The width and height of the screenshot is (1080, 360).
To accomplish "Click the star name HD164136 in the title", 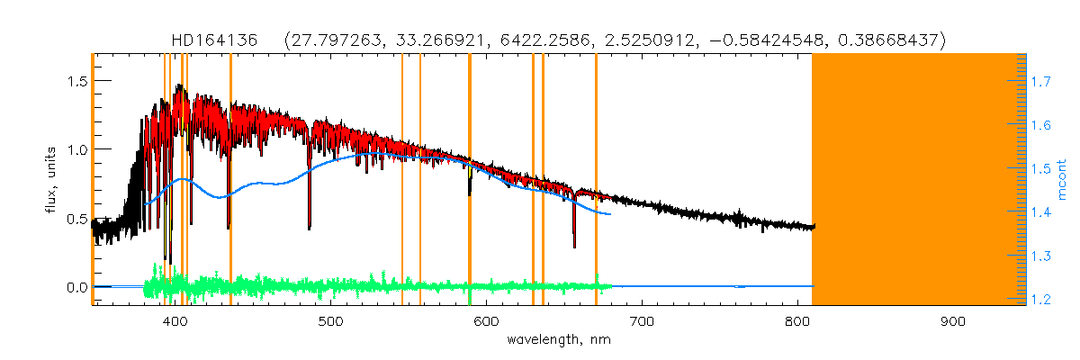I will click(215, 40).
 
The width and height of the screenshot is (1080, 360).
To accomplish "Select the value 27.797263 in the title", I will click(331, 40).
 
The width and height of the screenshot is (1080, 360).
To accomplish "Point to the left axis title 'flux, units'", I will click(51, 180).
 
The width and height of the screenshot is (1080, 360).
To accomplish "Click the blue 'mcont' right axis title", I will click(1062, 180).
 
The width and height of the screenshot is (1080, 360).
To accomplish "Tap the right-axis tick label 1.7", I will click(1042, 81).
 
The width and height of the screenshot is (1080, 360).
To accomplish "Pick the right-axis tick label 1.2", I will click(1042, 300).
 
